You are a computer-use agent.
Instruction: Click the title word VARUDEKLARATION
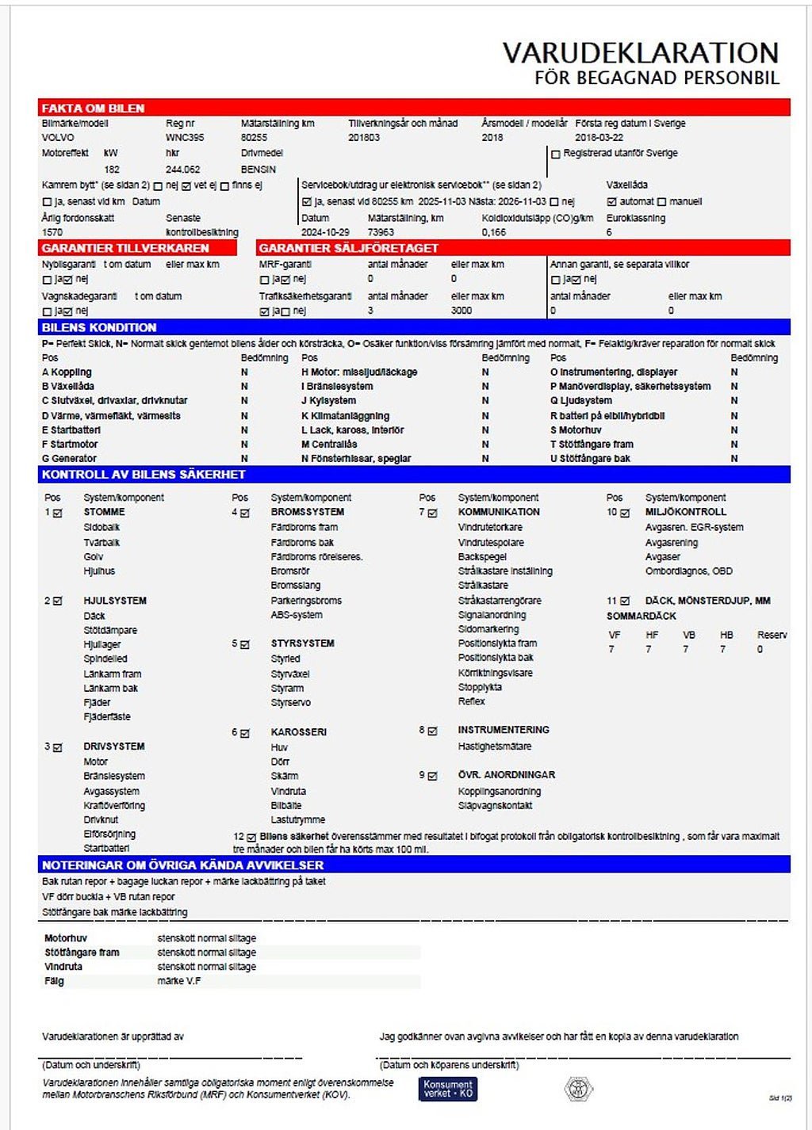[x=641, y=53]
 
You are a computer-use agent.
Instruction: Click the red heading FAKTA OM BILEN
[x=93, y=109]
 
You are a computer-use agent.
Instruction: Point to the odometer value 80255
[x=254, y=138]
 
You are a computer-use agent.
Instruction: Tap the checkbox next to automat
[x=611, y=202]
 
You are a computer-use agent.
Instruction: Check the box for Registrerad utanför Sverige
[x=556, y=155]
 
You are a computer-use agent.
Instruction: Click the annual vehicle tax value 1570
[x=52, y=232]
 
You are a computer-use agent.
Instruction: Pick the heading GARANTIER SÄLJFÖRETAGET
[x=348, y=248]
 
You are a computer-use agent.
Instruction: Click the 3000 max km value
[x=462, y=311]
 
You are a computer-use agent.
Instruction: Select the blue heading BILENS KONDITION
[x=99, y=327]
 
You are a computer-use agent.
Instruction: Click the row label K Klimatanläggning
[x=345, y=415]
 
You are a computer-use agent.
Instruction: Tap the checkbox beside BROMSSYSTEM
[x=245, y=513]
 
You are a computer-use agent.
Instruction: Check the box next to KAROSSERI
[x=245, y=734]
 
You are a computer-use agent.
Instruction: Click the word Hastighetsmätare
[x=495, y=746]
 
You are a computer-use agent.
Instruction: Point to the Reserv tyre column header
[x=772, y=635]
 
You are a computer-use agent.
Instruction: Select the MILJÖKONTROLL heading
[x=686, y=512]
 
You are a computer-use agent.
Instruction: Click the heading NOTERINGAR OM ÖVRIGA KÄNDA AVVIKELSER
[x=182, y=865]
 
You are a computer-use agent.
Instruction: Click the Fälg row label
[x=54, y=981]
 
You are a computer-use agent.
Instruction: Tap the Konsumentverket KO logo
[x=448, y=1089]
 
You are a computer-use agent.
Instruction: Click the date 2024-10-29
[x=325, y=232]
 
